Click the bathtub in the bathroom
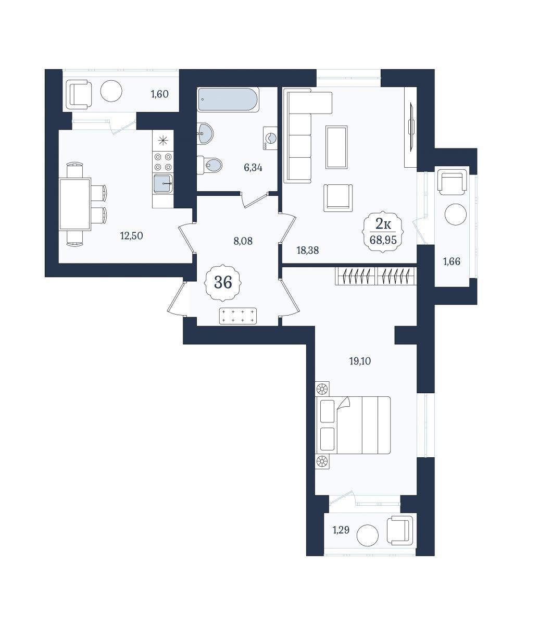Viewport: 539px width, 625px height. [228, 100]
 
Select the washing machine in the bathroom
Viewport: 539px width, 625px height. [270, 138]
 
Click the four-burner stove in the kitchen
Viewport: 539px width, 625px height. [163, 162]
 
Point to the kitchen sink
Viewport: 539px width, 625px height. [163, 183]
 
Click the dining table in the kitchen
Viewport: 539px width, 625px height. [75, 204]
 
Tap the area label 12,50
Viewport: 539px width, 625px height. [132, 235]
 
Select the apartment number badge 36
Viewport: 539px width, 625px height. [223, 282]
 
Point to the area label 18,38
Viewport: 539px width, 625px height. [308, 251]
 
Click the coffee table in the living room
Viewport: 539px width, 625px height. [336, 147]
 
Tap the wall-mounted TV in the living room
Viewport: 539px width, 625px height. [411, 127]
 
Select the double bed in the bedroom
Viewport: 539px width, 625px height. [353, 426]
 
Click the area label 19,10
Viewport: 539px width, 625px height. [360, 361]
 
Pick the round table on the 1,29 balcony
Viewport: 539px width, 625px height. [367, 535]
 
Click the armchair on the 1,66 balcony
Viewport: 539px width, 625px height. [452, 182]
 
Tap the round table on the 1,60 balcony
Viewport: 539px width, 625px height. [111, 91]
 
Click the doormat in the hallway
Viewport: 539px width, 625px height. [237, 316]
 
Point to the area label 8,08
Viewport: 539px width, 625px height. [243, 241]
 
